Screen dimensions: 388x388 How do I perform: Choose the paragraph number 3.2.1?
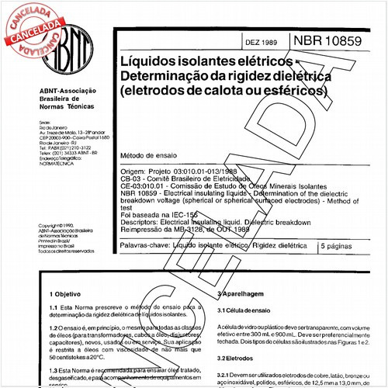pyautogui.click(x=227, y=376)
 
